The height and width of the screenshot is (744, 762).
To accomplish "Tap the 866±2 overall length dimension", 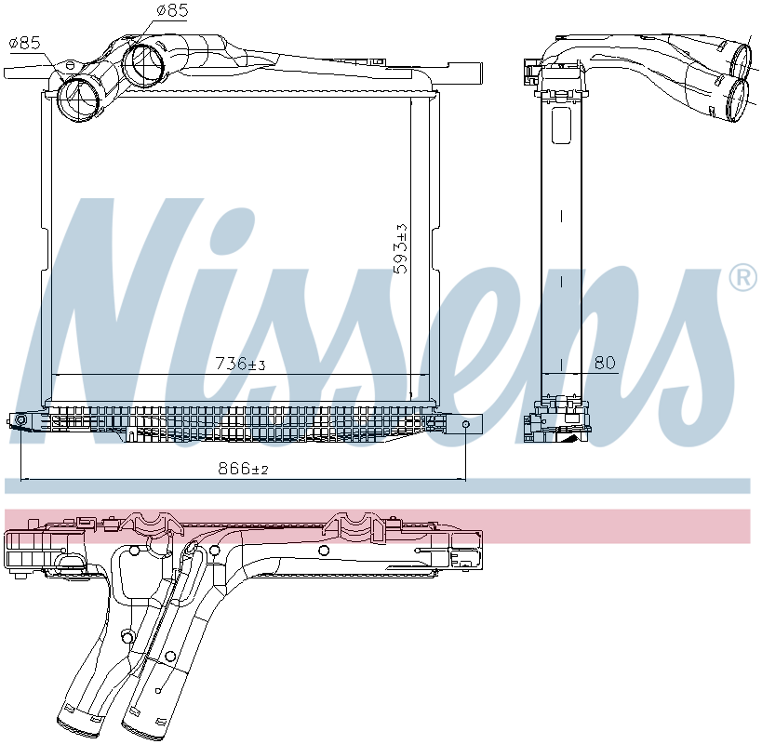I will click(243, 470).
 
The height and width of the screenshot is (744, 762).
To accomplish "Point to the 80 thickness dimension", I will click(605, 363).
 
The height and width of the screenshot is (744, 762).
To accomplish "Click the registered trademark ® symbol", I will click(742, 277).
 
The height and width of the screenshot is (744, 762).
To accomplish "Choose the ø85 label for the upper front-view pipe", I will click(173, 11).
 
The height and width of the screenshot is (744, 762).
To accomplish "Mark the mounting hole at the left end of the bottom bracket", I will click(20, 422).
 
